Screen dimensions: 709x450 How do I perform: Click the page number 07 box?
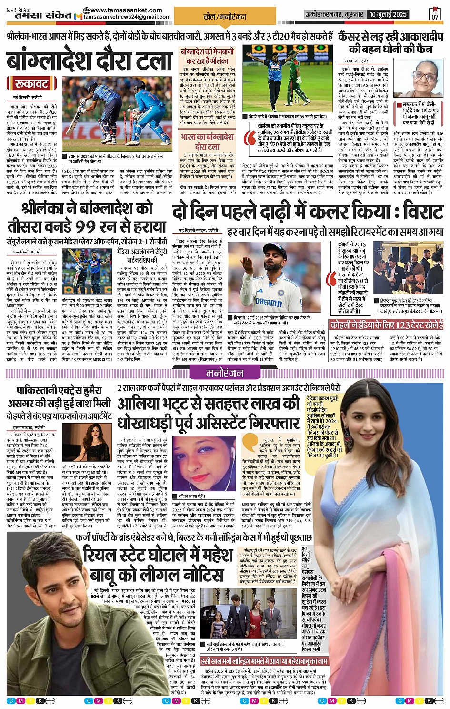434,14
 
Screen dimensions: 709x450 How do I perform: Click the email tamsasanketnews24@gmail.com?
127,17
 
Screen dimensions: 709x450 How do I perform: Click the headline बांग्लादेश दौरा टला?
90,61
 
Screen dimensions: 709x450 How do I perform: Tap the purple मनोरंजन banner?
224,373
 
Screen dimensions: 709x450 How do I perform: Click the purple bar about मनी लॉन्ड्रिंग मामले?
264,662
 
